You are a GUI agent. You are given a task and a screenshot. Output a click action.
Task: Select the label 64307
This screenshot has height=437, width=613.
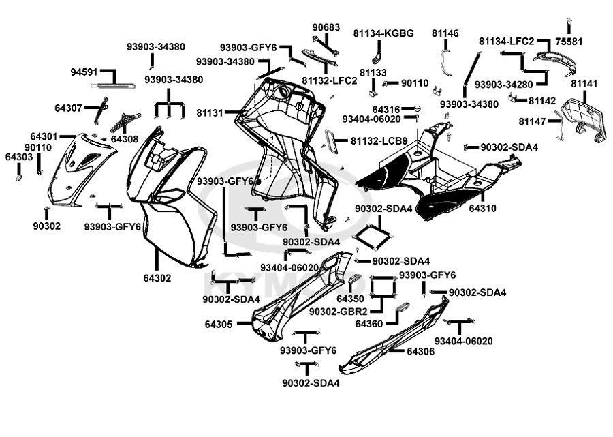[x=68, y=108]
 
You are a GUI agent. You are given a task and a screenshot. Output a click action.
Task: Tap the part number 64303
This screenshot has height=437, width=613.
[x=19, y=157]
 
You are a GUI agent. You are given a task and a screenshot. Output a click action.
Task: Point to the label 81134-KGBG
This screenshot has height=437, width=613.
[x=383, y=33]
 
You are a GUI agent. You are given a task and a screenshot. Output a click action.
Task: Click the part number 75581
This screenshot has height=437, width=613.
[x=569, y=42]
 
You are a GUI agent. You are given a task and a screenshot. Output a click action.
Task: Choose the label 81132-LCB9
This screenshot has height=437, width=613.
[x=379, y=141]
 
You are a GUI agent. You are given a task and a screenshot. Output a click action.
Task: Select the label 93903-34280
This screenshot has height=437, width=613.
[x=503, y=85]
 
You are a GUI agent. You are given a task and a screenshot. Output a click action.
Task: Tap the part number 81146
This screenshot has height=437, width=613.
[x=445, y=33]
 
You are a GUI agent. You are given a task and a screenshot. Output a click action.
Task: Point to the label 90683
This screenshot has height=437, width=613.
[x=326, y=27]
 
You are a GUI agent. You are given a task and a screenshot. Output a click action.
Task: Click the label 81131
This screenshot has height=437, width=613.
[x=210, y=112]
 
